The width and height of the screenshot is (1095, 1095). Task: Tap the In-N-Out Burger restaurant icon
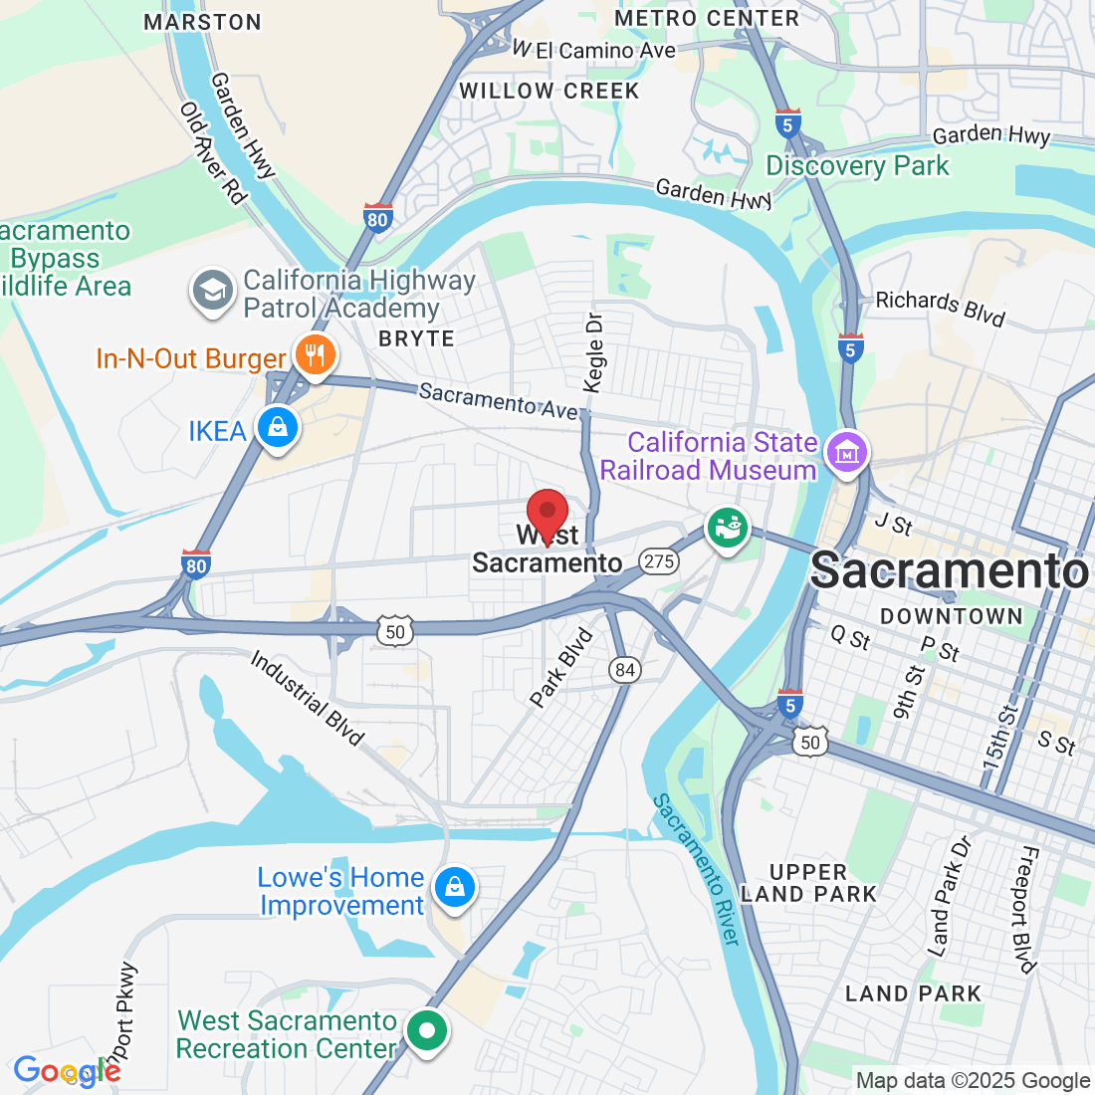[315, 354]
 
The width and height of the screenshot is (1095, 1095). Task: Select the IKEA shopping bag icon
[278, 427]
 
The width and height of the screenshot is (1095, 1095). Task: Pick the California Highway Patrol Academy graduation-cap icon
[212, 291]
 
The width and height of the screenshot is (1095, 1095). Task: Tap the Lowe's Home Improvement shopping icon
[454, 885]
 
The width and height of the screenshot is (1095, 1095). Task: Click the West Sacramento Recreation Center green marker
[427, 1030]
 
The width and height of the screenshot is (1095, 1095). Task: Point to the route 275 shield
[659, 561]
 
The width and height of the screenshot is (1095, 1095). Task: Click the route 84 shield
[625, 670]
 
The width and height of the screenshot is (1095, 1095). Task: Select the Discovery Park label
[857, 165]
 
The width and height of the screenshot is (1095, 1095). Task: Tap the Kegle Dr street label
[594, 352]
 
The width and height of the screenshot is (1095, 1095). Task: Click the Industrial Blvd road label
[307, 698]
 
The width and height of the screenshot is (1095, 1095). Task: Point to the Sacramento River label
[697, 869]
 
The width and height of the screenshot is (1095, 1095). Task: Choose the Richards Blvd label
[940, 308]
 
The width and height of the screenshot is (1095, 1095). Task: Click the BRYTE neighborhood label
[416, 338]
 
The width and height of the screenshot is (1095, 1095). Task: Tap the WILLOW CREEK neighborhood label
[548, 91]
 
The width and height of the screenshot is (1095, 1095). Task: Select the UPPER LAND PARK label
[808, 883]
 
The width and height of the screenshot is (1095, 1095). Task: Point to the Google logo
[66, 1072]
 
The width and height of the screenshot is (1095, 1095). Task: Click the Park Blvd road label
[561, 668]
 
